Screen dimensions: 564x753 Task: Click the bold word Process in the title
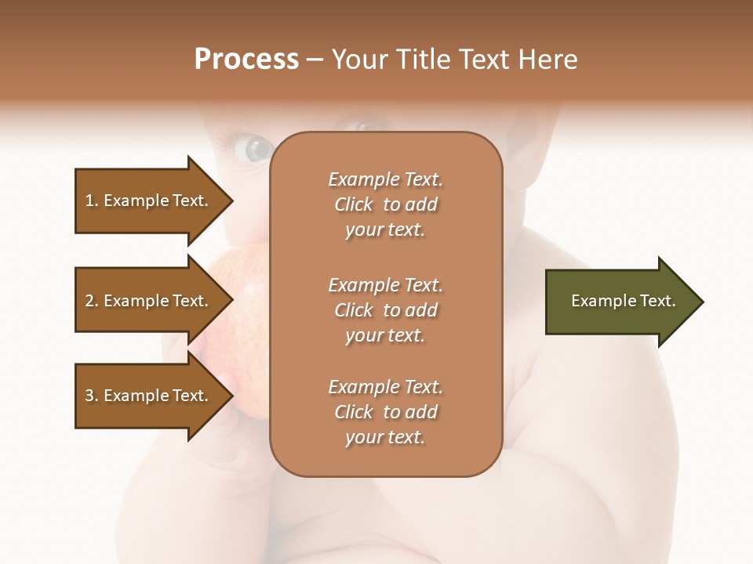tap(246, 60)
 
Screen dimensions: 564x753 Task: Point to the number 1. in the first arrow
tap(92, 201)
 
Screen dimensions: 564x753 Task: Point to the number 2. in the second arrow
tap(92, 301)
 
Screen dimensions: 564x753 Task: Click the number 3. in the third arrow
tap(92, 396)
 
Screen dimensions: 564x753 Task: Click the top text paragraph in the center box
tap(385, 204)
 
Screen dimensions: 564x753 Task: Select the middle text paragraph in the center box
tap(385, 310)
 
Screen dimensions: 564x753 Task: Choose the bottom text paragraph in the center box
tap(385, 412)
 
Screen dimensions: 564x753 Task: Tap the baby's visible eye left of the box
tap(255, 148)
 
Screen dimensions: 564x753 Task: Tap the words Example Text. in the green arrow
tap(624, 301)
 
